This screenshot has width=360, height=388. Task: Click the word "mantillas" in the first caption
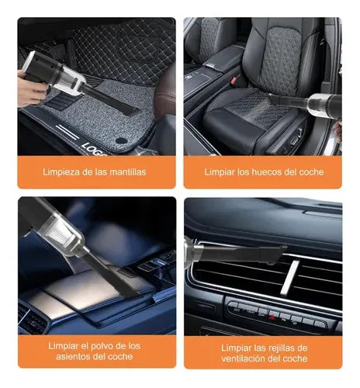[x=127, y=172]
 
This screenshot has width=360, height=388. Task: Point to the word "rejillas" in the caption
[x=281, y=348]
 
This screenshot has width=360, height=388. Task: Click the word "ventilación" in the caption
[x=244, y=359]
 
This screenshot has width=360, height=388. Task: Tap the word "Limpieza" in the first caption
[x=61, y=172]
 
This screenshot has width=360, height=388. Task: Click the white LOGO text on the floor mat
[x=93, y=150]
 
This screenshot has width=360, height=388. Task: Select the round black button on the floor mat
[x=121, y=140]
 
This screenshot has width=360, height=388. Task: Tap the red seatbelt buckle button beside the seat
[x=234, y=79]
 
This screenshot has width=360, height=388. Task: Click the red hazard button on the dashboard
[x=272, y=317]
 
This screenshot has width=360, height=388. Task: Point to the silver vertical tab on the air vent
[x=289, y=277]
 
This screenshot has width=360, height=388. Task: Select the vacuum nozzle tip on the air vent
[x=277, y=255]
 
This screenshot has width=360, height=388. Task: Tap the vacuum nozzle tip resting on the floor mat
[x=130, y=109]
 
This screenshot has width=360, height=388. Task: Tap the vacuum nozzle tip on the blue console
[x=130, y=290]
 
